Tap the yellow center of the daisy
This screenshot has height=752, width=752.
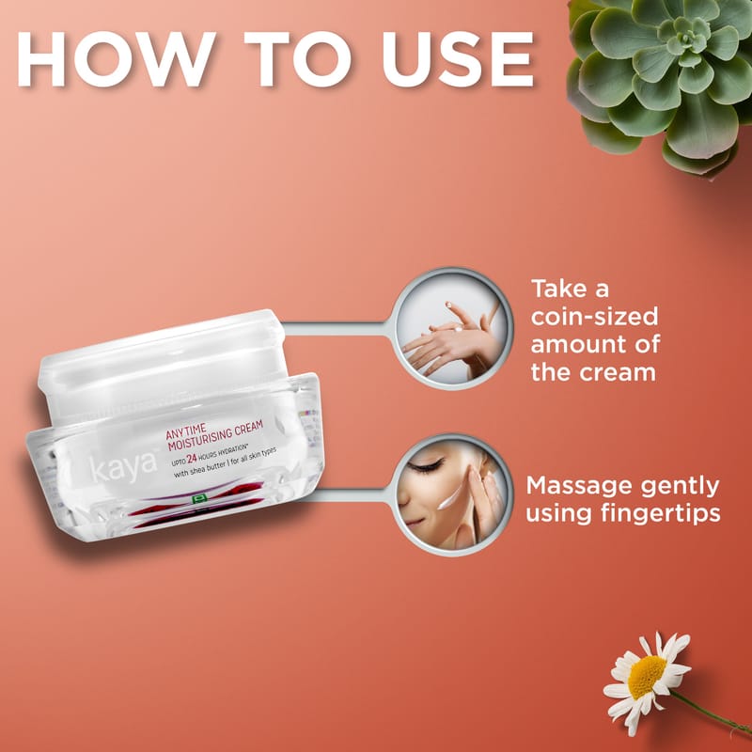click(x=647, y=677)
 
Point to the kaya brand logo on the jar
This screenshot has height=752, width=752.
click(x=124, y=466)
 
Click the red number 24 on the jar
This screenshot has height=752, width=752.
click(x=192, y=458)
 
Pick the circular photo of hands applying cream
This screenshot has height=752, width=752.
click(x=452, y=328)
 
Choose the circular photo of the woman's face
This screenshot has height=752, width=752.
click(x=452, y=494)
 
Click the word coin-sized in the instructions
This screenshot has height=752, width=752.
click(x=595, y=317)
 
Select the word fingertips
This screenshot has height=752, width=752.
click(x=661, y=513)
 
